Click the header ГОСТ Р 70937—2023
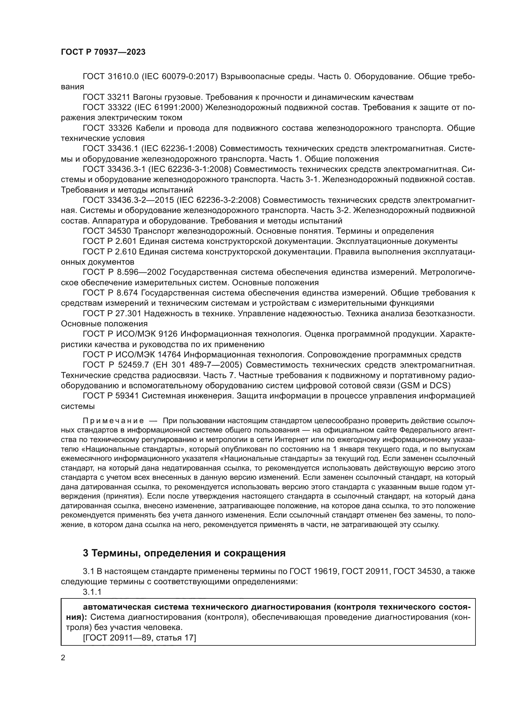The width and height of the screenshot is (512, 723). pos(103,52)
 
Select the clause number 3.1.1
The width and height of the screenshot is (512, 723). pos(92,592)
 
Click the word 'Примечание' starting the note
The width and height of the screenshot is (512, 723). pos(113,421)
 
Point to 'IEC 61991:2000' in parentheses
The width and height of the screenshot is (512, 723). pos(169,107)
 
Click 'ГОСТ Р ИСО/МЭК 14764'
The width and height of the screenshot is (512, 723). pos(132,355)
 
